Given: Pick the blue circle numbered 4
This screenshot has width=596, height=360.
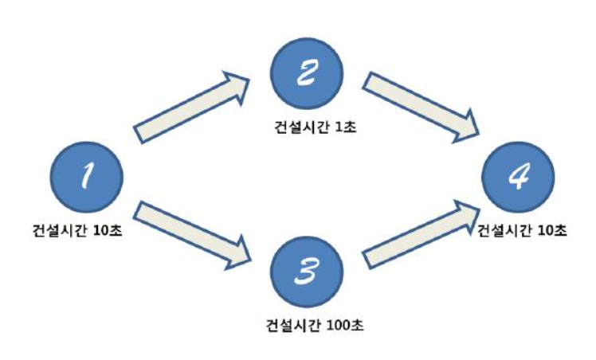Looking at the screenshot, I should [x=522, y=178].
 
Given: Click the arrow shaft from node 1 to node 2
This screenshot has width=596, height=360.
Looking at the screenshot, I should [x=183, y=112].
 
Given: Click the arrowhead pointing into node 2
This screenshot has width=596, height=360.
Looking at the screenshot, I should [x=237, y=85].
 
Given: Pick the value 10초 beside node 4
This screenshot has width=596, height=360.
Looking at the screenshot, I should [x=552, y=230].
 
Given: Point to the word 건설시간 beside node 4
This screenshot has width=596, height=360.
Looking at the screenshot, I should [x=504, y=230].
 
